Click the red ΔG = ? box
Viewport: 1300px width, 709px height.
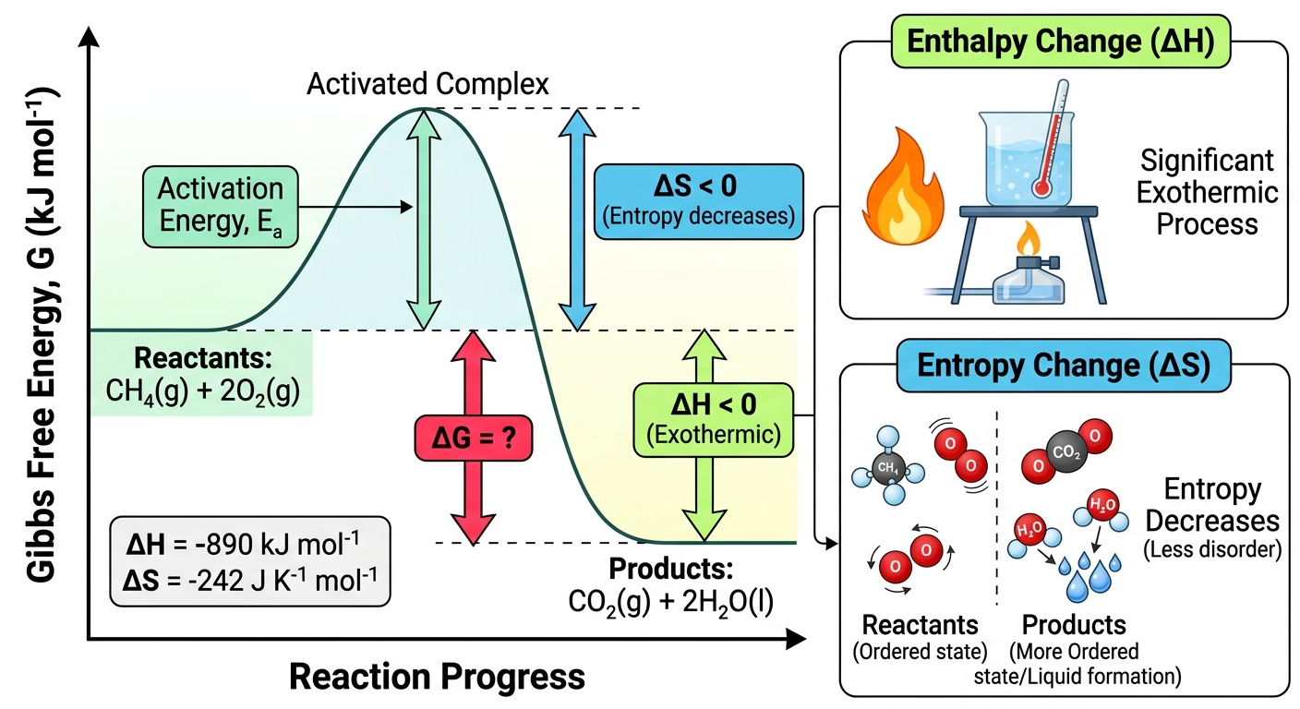click(474, 439)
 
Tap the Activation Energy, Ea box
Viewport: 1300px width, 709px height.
click(221, 207)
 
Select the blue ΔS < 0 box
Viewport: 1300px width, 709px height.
click(699, 201)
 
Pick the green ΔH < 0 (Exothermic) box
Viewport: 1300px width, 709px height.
click(714, 419)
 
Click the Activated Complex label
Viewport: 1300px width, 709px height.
click(427, 84)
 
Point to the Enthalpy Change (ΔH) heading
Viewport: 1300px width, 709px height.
click(1061, 42)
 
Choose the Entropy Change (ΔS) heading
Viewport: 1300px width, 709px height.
click(1064, 366)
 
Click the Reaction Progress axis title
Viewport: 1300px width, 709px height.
click(437, 677)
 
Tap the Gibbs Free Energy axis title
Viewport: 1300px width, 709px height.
click(42, 335)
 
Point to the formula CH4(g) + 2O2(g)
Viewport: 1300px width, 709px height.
click(202, 391)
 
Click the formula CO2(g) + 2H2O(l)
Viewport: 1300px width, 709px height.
click(671, 602)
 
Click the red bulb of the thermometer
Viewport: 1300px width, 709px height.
click(1041, 186)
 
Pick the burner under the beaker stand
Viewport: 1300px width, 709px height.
click(1029, 271)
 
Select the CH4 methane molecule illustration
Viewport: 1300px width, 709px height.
click(888, 466)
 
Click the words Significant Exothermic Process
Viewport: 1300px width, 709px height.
click(1207, 193)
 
